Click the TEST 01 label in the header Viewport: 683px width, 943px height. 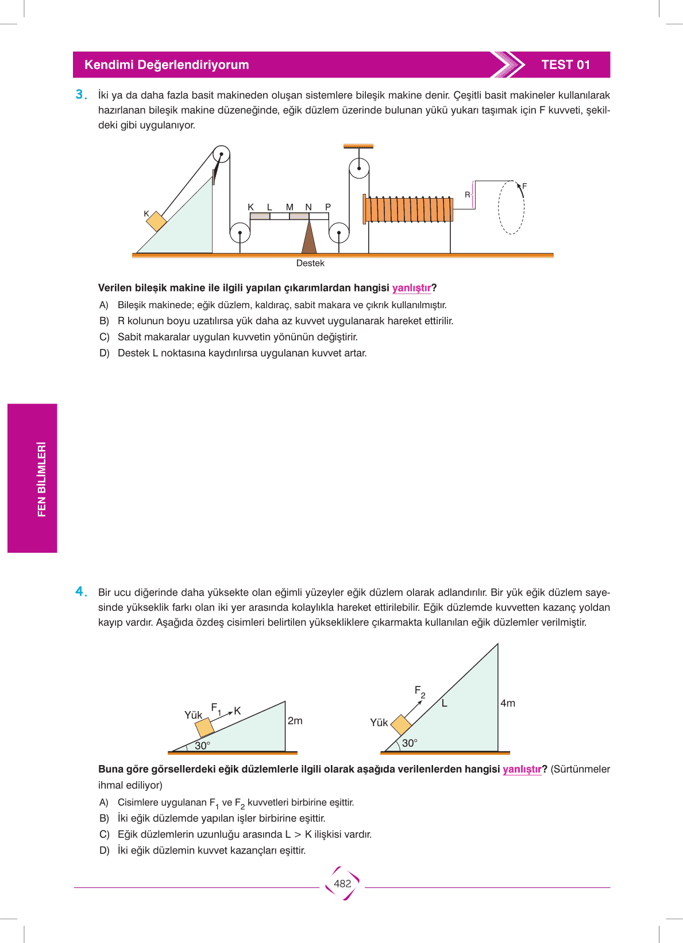[565, 65]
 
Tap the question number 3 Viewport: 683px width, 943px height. [81, 94]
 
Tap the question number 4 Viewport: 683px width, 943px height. [81, 592]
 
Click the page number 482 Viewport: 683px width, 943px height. [342, 883]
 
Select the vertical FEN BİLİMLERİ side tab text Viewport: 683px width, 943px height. [41, 479]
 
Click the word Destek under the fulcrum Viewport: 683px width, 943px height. [310, 263]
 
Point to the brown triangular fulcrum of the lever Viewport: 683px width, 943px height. [309, 236]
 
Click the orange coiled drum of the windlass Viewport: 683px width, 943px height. [408, 209]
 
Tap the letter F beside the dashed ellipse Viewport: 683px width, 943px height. [524, 185]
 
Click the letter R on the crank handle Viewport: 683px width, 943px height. [467, 195]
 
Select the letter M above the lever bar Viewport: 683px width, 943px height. [290, 207]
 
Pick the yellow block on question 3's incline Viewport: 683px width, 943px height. [156, 222]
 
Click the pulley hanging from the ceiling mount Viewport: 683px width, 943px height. [359, 168]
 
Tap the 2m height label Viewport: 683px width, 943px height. [295, 721]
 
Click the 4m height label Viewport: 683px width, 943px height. [508, 703]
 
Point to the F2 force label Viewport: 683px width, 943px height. [420, 692]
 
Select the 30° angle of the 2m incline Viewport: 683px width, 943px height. [202, 746]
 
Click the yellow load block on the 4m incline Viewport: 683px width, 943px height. [401, 725]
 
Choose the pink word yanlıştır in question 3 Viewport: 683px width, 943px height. [412, 288]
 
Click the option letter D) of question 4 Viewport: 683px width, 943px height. [104, 851]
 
